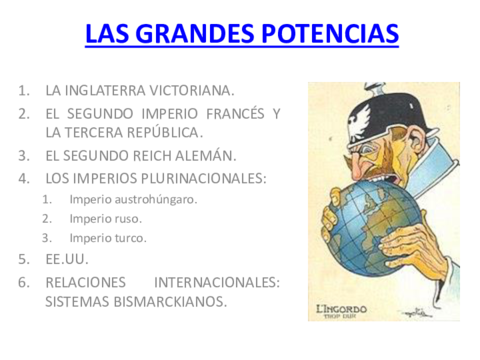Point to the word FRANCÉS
[x=227, y=113]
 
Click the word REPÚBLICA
[x=162, y=132]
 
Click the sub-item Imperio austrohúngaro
[x=133, y=198]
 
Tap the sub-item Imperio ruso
[x=106, y=218]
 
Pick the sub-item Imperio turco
[x=108, y=238]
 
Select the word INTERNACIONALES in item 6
[x=215, y=281]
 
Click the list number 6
[x=24, y=281]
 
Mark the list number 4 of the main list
[x=24, y=178]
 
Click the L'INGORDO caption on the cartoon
[x=346, y=308]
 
